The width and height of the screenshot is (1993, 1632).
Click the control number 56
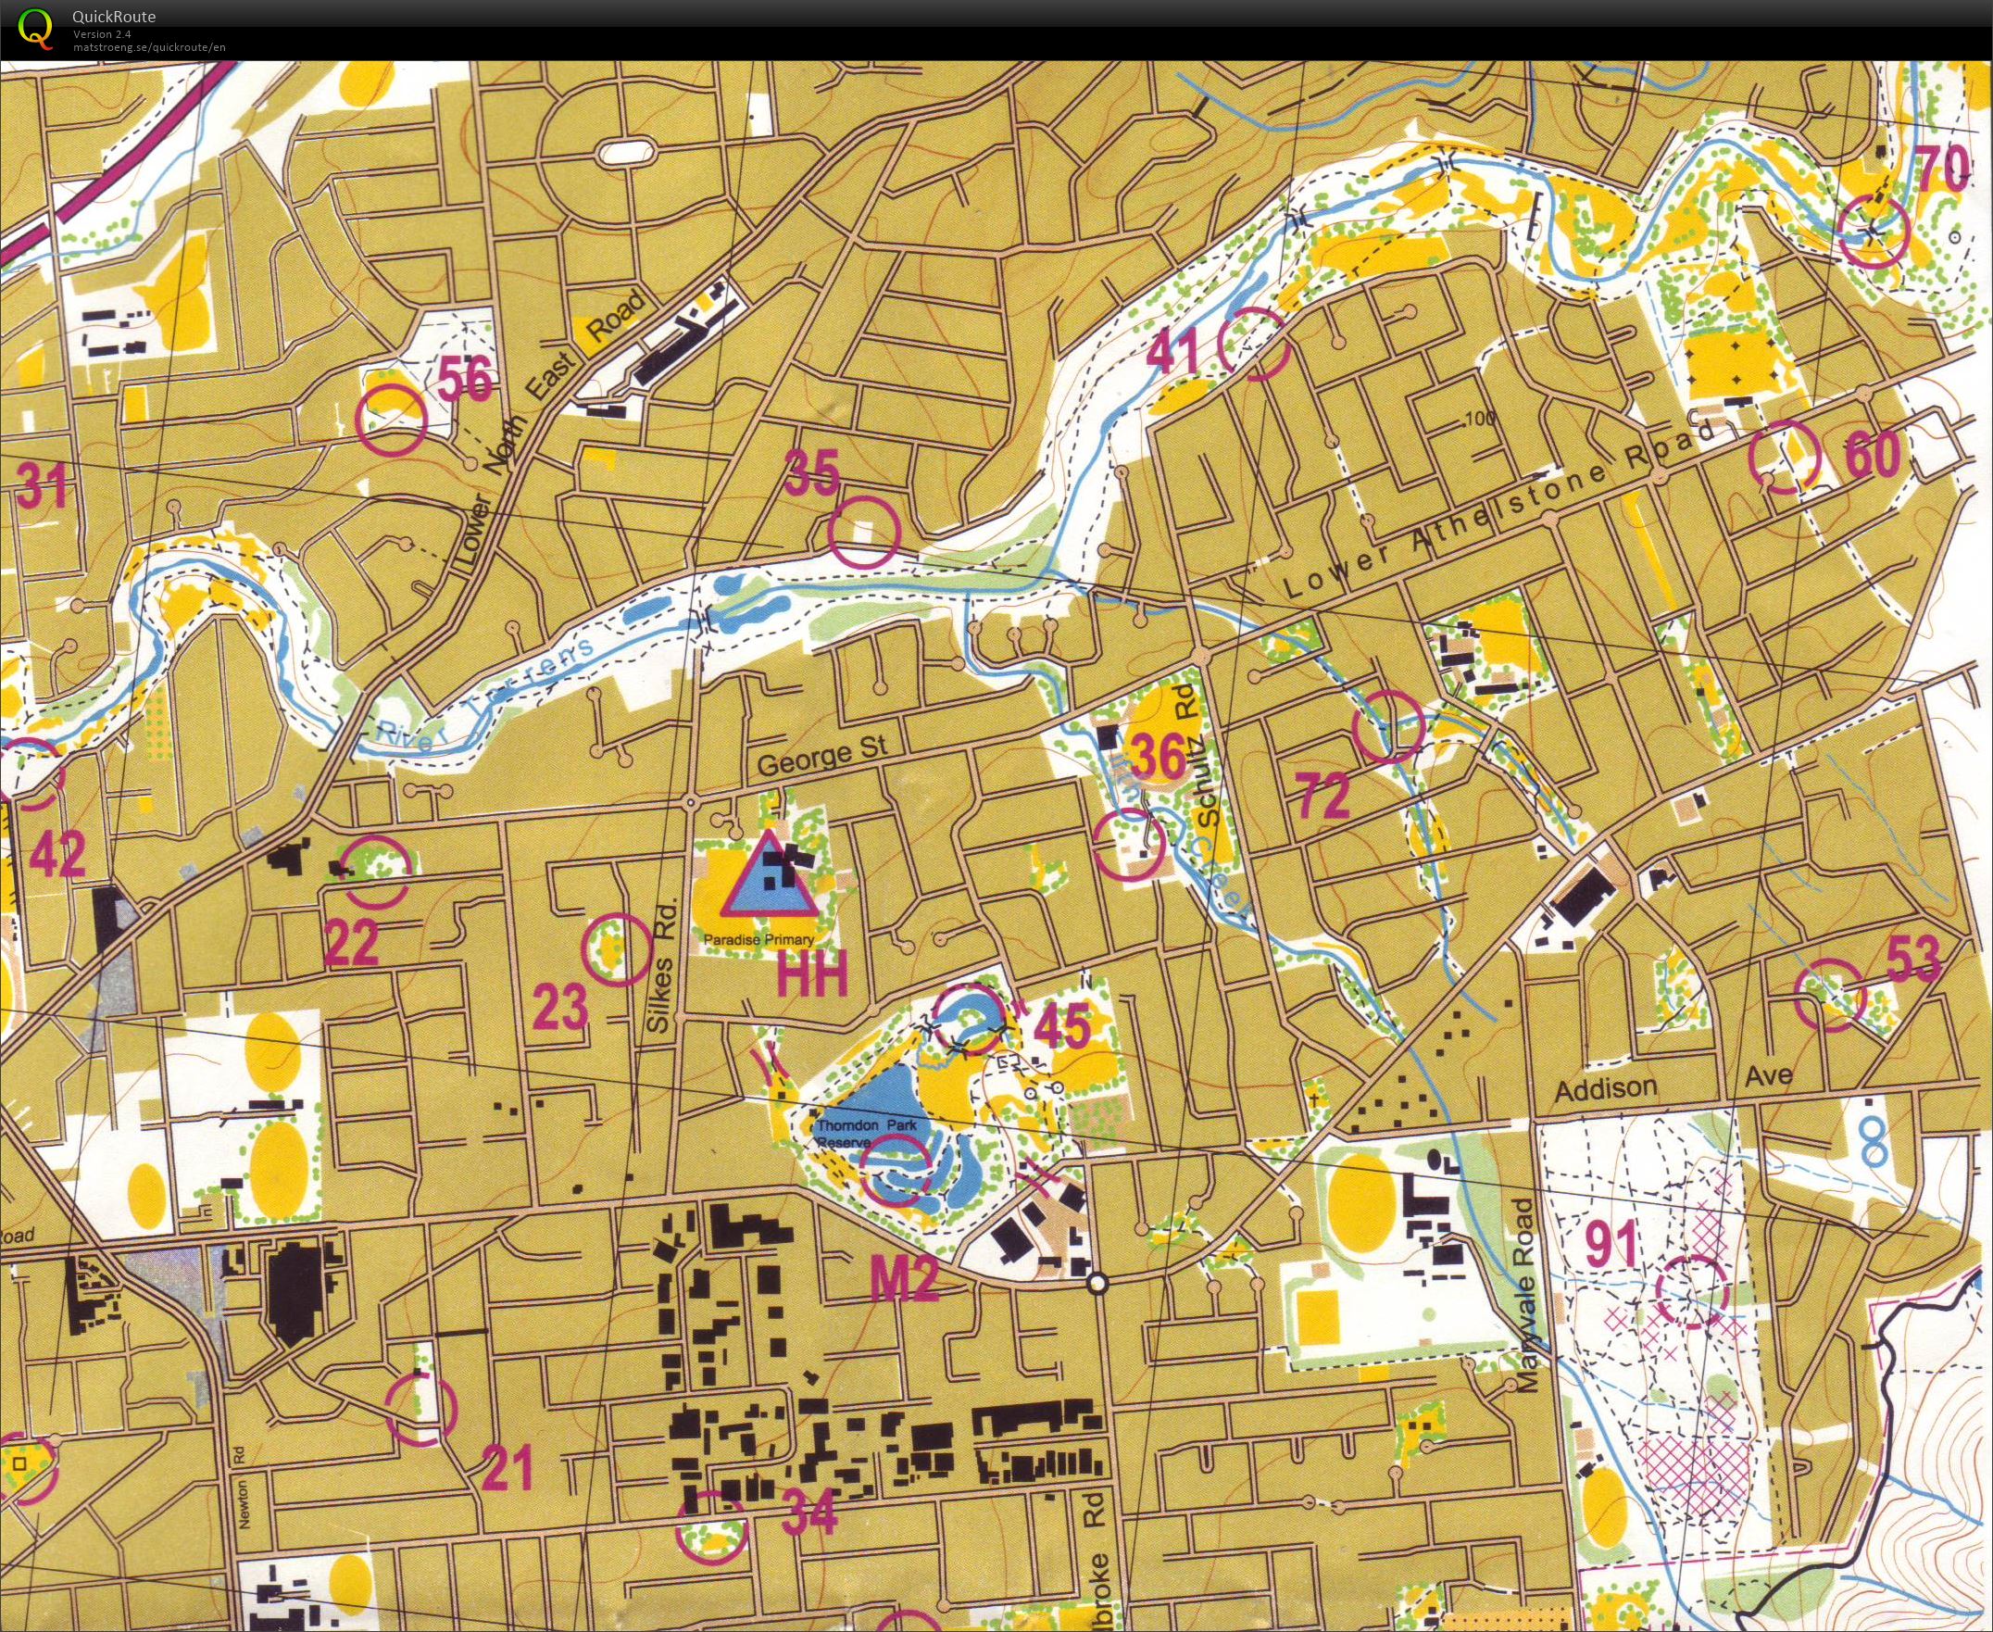click(x=466, y=380)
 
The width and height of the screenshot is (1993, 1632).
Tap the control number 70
click(x=1943, y=171)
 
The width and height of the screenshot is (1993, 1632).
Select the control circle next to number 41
click(x=1254, y=344)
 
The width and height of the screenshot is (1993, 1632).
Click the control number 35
click(x=812, y=473)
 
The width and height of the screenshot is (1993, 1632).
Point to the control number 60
click(x=1873, y=455)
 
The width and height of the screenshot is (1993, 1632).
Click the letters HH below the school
click(x=811, y=975)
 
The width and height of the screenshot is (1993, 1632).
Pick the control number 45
click(x=1063, y=1024)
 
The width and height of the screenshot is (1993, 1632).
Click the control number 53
click(x=1914, y=960)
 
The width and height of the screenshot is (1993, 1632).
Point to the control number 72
click(x=1323, y=796)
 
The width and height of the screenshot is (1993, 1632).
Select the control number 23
click(x=560, y=1006)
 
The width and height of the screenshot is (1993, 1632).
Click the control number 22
click(x=351, y=942)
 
